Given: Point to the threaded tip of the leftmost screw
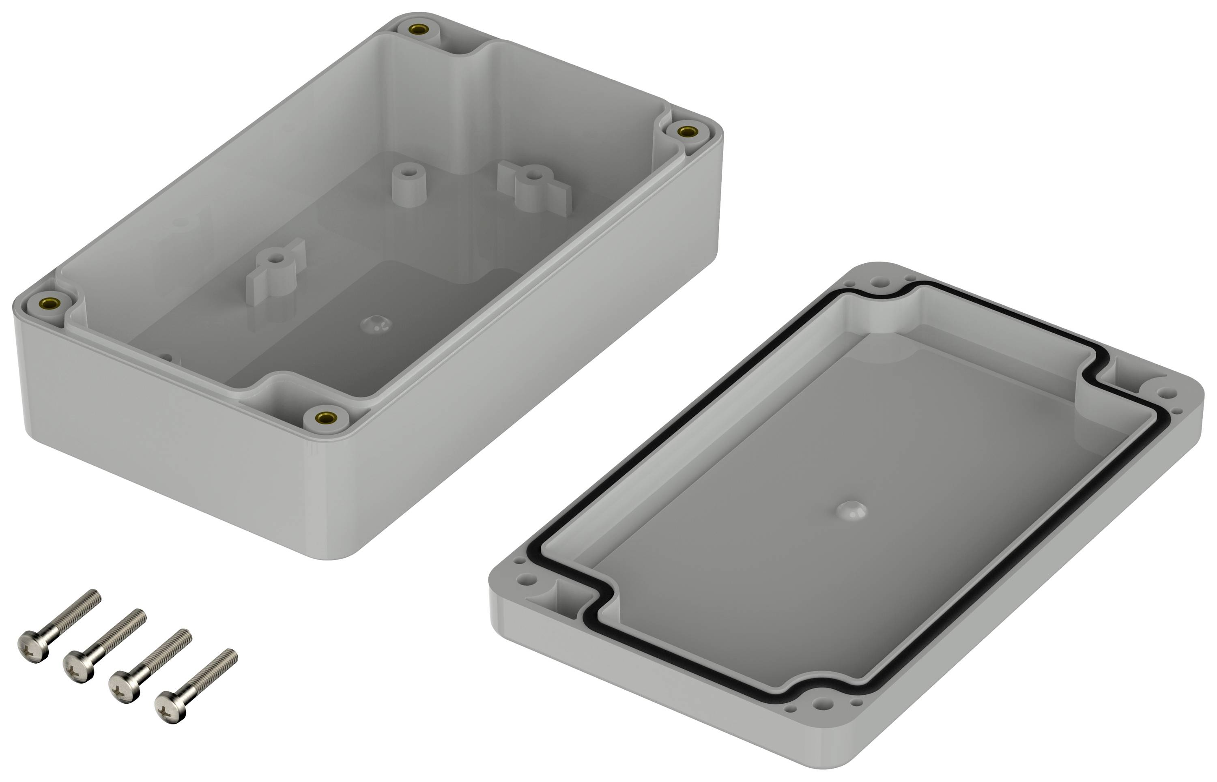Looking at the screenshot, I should point(95,595).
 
